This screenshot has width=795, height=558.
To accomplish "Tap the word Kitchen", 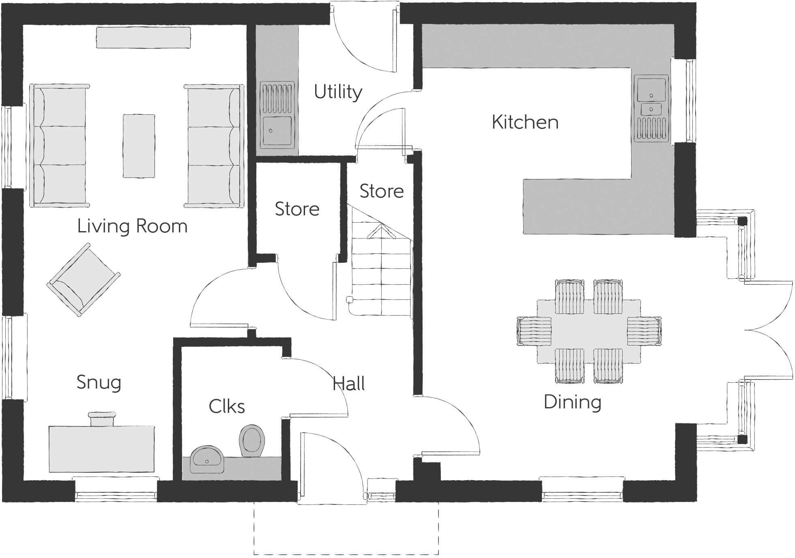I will (525, 122).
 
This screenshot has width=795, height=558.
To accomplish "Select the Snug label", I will (99, 382).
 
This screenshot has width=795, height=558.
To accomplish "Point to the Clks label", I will (226, 406).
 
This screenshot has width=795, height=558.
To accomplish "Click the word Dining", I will (572, 402).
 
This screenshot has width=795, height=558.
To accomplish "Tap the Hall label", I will (348, 383).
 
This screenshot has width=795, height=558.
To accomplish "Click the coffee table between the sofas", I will (139, 146).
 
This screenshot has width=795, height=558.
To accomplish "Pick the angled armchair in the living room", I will (83, 280).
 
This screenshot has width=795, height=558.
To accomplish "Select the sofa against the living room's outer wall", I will (59, 146).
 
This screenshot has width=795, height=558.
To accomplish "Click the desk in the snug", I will (101, 449).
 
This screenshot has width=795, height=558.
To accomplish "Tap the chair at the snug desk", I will (102, 419).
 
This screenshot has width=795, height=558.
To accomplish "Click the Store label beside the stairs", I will (381, 191).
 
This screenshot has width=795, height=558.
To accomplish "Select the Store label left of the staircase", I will (297, 209).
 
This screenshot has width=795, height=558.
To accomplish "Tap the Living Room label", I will (132, 226).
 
